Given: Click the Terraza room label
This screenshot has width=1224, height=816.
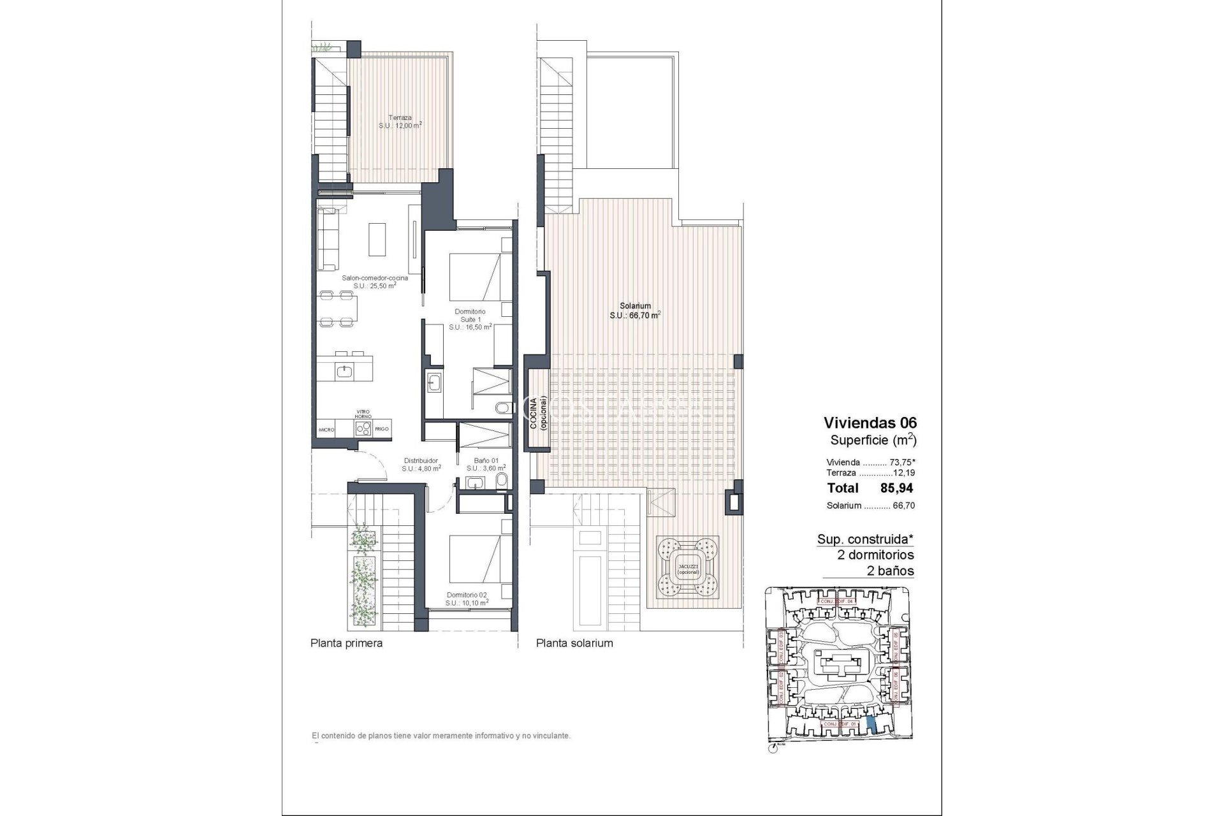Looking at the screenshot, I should (x=400, y=122).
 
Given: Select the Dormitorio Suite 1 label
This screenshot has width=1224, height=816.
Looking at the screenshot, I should (x=470, y=319).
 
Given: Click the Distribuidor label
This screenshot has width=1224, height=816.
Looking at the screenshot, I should (x=421, y=464).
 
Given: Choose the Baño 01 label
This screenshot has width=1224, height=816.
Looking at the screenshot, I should (x=486, y=464).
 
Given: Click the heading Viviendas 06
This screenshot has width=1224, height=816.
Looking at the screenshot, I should (x=870, y=423).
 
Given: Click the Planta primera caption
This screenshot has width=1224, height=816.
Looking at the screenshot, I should (x=346, y=643).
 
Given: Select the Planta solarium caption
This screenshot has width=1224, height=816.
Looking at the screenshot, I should (x=574, y=643).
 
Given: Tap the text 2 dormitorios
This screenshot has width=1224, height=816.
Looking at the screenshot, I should (x=875, y=555).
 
